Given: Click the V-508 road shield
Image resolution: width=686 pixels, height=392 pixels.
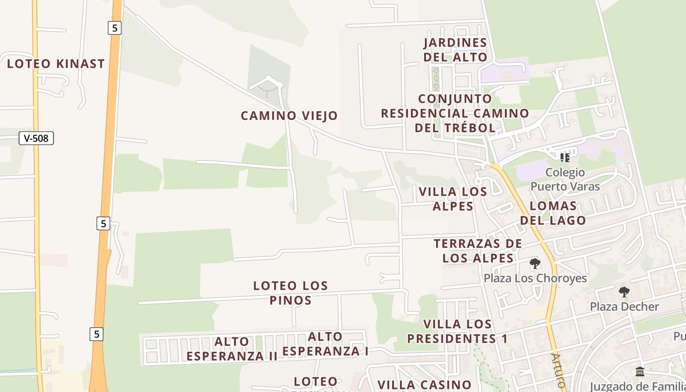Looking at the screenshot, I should (x=36, y=138).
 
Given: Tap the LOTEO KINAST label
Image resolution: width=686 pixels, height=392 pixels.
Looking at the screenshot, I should (x=56, y=64).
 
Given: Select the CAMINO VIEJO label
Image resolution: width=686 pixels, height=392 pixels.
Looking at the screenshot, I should (x=289, y=116).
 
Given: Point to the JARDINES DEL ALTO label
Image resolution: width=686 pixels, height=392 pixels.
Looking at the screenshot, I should (x=456, y=50).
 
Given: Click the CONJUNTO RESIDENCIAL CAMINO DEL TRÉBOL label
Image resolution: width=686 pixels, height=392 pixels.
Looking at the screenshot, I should (x=455, y=113).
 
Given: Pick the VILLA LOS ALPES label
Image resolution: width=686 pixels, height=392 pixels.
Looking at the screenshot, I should (x=453, y=198).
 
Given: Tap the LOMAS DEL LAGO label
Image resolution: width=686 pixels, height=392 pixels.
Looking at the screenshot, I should (x=553, y=213).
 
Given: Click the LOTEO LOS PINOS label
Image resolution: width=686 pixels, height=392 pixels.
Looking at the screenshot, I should (x=291, y=293).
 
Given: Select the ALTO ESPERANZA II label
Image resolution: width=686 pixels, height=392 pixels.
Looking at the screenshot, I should (x=232, y=349).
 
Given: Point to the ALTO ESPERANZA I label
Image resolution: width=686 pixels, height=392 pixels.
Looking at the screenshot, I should (x=325, y=344).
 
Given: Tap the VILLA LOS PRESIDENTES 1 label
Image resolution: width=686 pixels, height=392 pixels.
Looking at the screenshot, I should (x=457, y=331).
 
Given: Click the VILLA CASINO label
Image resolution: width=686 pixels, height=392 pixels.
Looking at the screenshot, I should (x=424, y=385).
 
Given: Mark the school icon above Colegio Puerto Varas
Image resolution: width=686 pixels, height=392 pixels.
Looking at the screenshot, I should (x=565, y=158).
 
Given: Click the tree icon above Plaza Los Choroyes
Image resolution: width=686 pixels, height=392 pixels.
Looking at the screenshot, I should (x=535, y=264).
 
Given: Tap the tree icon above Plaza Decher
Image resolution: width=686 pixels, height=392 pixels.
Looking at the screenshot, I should (x=624, y=292).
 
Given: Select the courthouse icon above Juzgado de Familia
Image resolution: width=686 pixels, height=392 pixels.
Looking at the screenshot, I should (x=639, y=372).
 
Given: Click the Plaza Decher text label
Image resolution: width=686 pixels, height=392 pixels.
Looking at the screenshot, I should (x=624, y=307).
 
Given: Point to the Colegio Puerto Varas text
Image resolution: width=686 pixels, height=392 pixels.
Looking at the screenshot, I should (x=565, y=179).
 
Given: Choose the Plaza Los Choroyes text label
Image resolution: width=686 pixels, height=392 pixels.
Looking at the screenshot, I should (x=535, y=278).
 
